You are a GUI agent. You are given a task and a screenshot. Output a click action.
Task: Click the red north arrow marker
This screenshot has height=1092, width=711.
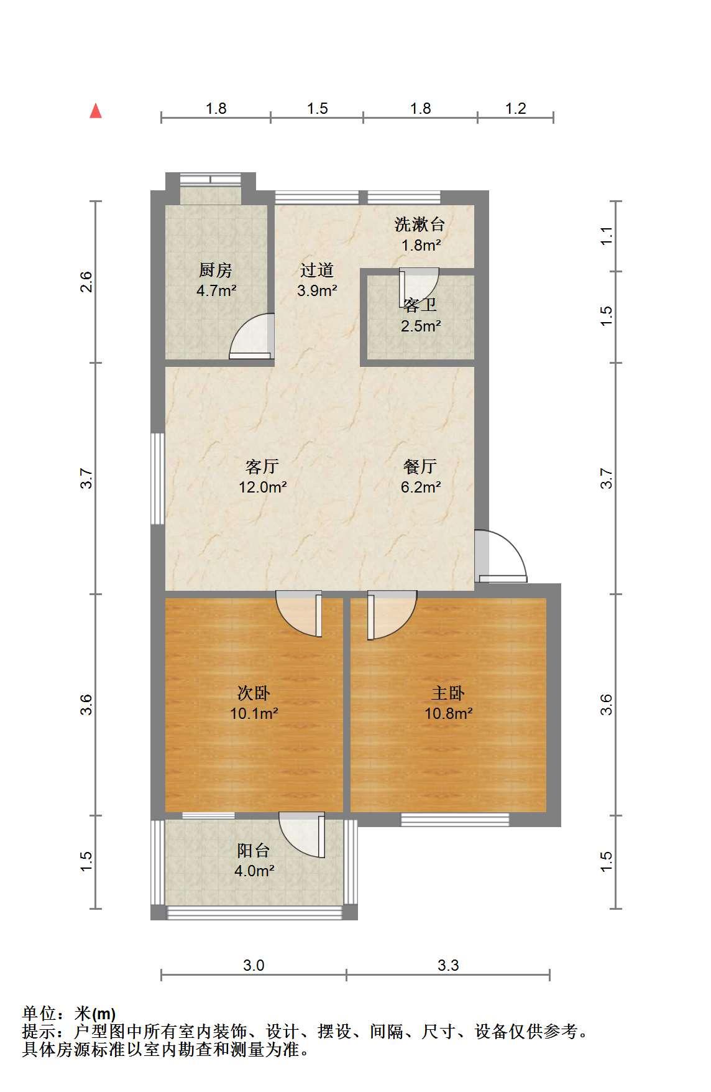pos(95,111)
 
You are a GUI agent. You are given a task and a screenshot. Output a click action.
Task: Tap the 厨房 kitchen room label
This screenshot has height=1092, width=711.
pos(216,271)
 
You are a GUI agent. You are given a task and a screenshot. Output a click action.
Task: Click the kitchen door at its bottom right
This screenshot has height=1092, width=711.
pos(251,336)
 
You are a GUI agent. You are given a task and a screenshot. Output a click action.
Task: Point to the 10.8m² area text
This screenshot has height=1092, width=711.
pos(448,713)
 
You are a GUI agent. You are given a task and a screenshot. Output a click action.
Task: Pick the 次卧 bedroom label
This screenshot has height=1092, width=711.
pos(254,693)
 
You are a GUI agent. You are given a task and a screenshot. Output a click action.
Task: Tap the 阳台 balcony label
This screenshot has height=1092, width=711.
pos(254,850)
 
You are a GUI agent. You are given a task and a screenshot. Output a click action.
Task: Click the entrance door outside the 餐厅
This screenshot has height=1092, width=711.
pos(501,556)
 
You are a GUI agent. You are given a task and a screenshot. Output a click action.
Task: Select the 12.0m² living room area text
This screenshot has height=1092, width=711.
pos(262,487)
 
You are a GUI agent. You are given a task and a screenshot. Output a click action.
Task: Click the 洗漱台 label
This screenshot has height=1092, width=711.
pos(420,224)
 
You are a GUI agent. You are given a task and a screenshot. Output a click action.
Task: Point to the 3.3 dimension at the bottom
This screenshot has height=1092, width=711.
pos(448,965)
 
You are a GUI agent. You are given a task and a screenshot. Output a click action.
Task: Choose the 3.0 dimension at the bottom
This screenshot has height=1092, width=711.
pos(254,965)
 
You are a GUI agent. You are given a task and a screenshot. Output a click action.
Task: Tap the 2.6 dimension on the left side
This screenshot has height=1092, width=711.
pos(86,282)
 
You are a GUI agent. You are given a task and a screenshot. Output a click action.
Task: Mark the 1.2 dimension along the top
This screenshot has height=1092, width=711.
pos(516,109)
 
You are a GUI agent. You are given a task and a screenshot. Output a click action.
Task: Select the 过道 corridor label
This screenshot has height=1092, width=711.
pos(317,270)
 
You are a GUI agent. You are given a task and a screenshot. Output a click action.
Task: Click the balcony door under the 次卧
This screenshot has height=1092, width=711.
pos(302,835)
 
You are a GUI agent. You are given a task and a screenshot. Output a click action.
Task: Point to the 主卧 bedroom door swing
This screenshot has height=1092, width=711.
pos(392,616)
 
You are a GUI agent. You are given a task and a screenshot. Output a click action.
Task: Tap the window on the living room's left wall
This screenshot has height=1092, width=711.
pos(158,479)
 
